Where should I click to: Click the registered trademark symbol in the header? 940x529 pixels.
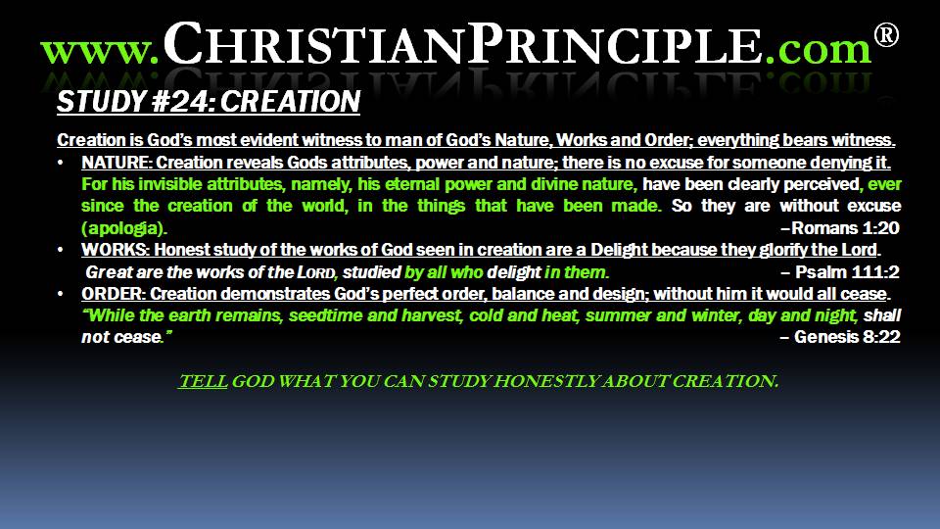pos(886,35)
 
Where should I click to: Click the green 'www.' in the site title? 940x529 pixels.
pos(100,50)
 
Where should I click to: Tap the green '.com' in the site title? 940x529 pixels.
pos(818,49)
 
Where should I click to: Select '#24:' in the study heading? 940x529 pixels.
pos(183,101)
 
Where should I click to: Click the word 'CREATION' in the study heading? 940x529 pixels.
pos(290,101)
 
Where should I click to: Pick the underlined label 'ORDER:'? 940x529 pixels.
pos(114,294)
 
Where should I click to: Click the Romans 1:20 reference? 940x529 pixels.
pos(840,228)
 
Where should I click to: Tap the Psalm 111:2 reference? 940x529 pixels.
pos(840,272)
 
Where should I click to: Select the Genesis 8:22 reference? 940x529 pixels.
pos(840,337)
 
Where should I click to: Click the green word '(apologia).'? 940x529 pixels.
pos(124,228)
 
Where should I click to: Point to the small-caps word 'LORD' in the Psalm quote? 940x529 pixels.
pos(316,273)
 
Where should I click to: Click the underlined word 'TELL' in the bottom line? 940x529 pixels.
pos(203,381)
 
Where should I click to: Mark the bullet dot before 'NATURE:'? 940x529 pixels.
pos(61,163)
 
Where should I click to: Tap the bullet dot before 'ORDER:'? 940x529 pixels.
pos(61,294)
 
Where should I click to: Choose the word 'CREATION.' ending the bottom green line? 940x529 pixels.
pos(726,381)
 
